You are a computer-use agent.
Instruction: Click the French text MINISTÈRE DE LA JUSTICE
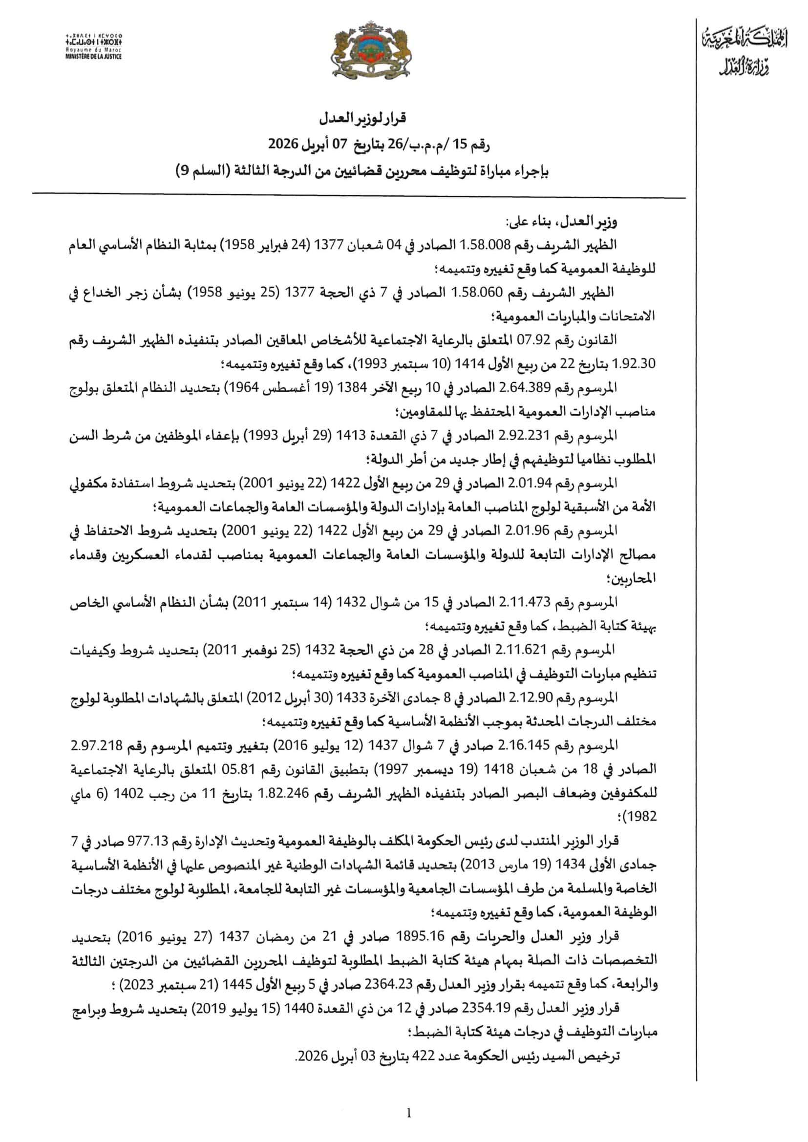(x=93, y=57)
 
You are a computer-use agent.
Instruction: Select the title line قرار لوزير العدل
(x=362, y=118)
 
